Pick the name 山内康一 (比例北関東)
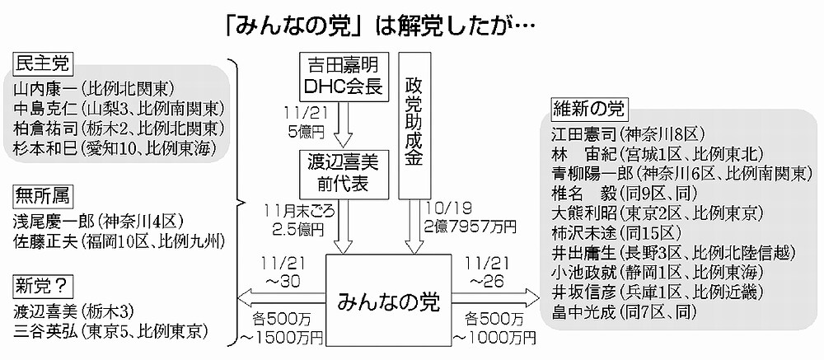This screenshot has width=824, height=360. [96, 89]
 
